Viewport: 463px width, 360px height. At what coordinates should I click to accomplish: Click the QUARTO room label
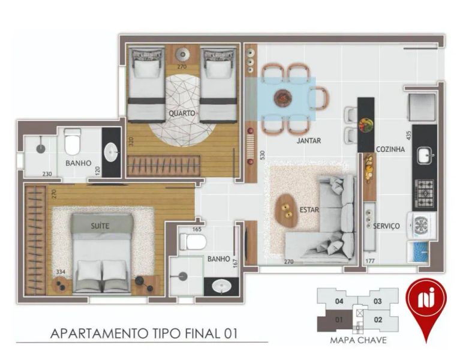[182, 113]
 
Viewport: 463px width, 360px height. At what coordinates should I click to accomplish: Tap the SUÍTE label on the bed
[100, 226]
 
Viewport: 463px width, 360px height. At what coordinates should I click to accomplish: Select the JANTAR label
[309, 140]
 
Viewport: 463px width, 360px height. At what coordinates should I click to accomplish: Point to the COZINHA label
[390, 149]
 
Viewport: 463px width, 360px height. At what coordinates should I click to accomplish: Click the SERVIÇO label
[386, 226]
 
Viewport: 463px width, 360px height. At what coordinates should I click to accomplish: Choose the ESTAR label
[309, 209]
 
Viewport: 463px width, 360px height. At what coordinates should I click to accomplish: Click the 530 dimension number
[263, 155]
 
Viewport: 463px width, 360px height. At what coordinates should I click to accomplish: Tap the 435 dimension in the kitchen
[408, 136]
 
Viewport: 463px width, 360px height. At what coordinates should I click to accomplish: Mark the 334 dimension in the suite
[61, 272]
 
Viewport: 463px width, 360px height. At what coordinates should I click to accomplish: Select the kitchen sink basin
[425, 156]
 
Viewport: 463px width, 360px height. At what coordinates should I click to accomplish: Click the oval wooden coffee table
[286, 210]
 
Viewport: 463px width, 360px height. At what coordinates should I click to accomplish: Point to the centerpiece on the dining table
[282, 98]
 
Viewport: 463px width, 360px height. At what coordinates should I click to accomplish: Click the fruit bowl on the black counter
[366, 125]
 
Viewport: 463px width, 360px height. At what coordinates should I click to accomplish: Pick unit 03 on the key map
[378, 302]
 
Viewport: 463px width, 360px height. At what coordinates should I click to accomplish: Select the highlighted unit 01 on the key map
[335, 320]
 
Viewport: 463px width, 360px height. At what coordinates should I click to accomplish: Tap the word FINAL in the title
[202, 334]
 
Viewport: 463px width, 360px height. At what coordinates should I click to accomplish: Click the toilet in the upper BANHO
[73, 142]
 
